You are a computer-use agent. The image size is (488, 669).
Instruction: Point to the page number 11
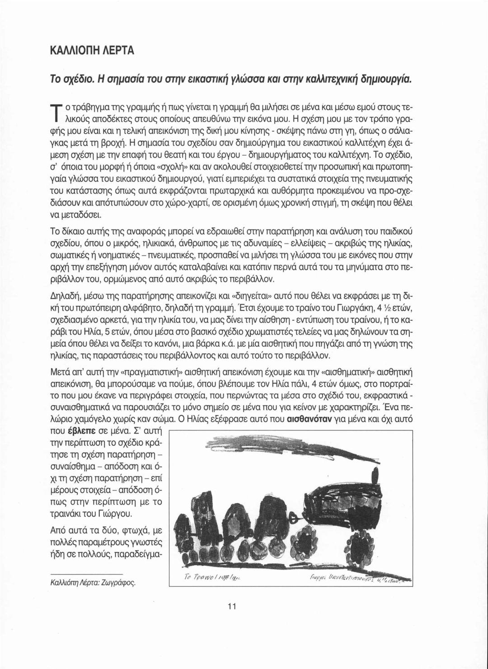tap(232, 606)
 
